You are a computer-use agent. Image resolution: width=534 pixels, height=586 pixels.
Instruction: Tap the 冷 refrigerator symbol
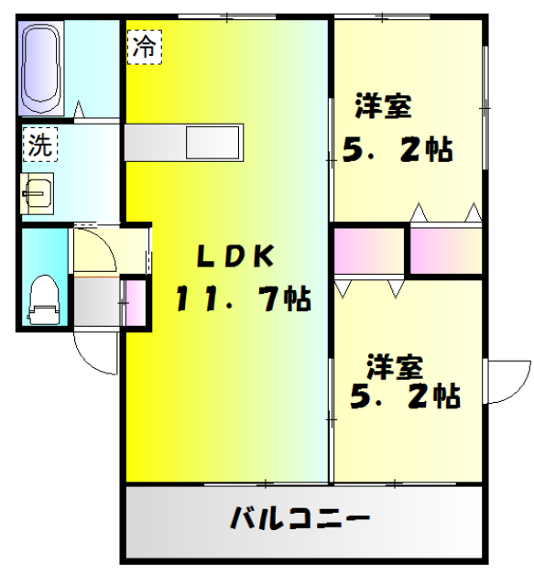143,47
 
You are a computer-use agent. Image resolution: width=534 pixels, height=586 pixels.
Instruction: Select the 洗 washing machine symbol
39,144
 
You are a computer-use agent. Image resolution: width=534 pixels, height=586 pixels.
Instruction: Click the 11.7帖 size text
242,298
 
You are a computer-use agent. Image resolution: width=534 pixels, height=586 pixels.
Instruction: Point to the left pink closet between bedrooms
369,250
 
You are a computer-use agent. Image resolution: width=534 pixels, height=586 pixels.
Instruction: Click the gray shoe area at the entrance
97,301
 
